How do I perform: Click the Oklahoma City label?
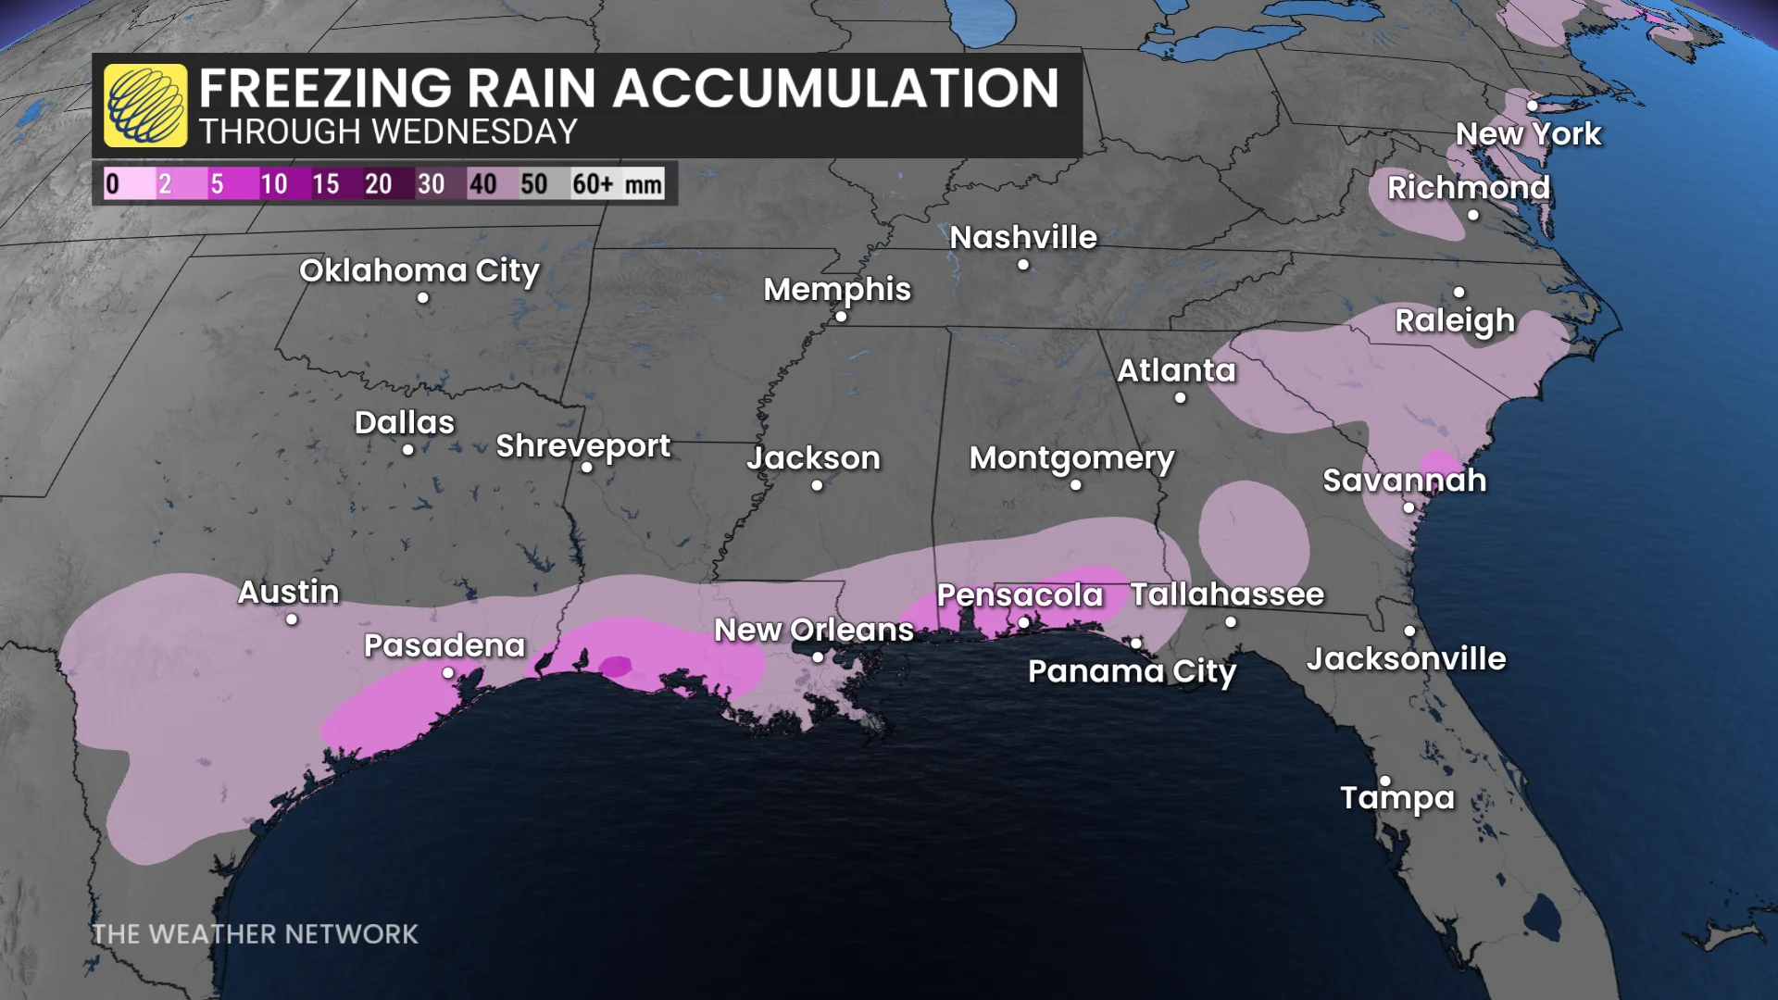419,270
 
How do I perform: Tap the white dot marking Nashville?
1023,265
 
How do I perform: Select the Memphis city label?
837,289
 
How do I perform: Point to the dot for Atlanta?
1180,398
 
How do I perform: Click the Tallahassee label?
1227,594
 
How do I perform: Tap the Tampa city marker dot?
1385,781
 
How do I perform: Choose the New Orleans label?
814,630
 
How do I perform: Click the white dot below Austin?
292,619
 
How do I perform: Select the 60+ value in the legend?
593,183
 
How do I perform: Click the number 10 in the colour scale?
273,183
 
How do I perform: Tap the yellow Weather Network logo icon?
145,106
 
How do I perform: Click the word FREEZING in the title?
325,89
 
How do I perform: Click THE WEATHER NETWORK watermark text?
255,933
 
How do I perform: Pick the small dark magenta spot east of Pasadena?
616,666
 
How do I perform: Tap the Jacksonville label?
1406,659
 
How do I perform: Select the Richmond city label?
1468,187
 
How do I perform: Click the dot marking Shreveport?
586,468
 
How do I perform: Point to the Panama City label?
1132,671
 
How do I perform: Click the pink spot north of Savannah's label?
1438,462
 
